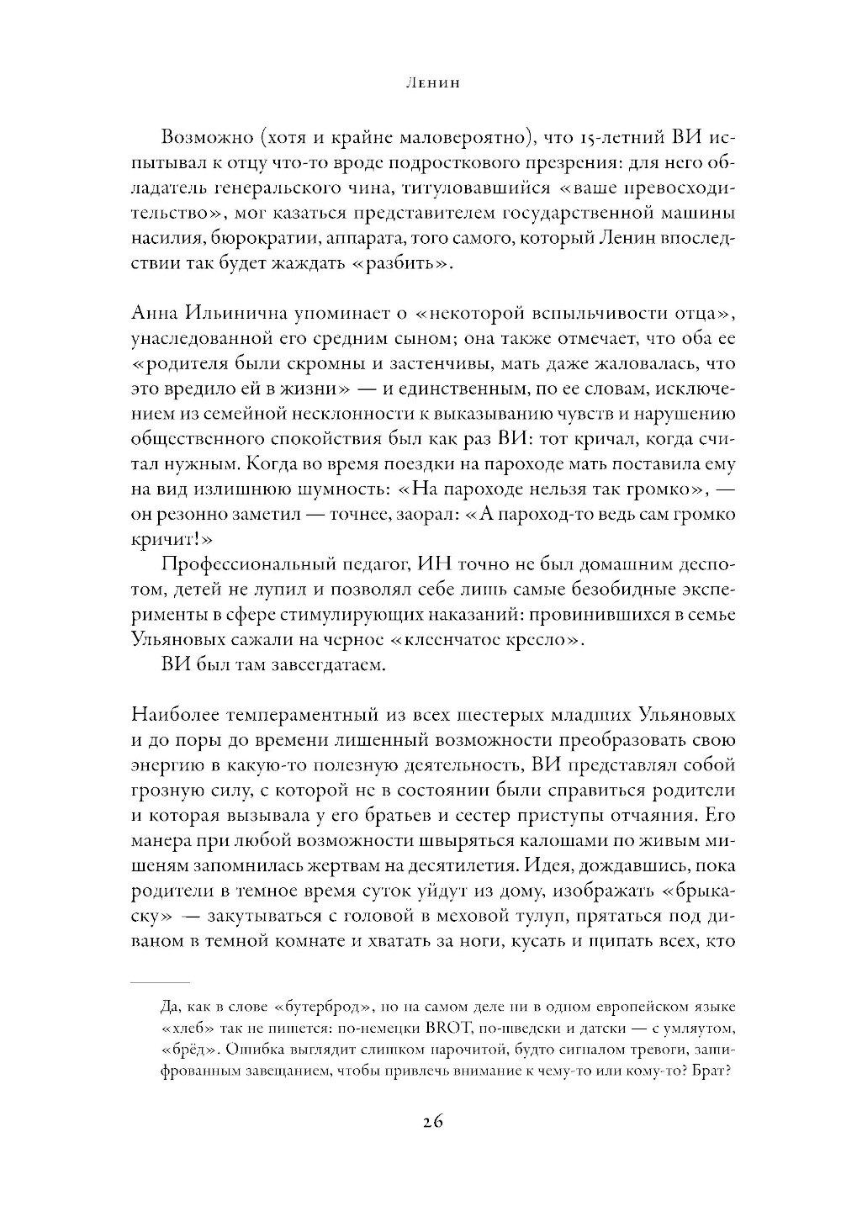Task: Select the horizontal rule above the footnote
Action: (161, 982)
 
